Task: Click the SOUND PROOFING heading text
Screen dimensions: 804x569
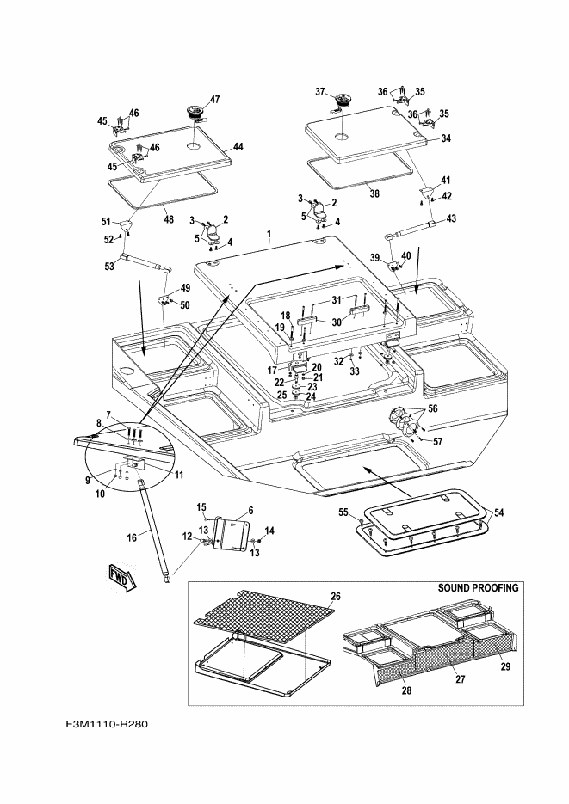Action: pyautogui.click(x=479, y=589)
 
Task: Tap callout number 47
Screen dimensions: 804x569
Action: pyautogui.click(x=214, y=99)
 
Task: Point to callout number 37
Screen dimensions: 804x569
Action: pyautogui.click(x=319, y=92)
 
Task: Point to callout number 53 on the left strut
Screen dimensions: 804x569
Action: pyautogui.click(x=109, y=267)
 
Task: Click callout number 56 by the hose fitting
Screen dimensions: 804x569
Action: pyautogui.click(x=432, y=409)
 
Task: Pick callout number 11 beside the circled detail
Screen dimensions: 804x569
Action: pyautogui.click(x=178, y=475)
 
